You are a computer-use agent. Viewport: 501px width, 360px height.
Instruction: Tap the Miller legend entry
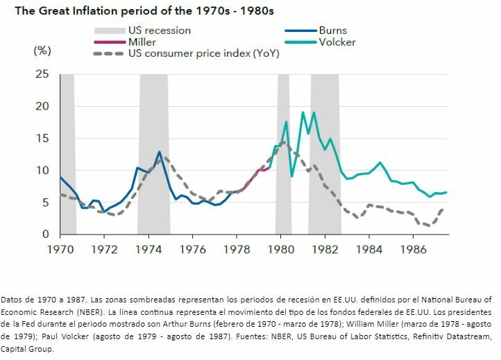tap(142, 42)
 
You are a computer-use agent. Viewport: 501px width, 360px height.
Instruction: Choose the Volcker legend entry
tap(337, 42)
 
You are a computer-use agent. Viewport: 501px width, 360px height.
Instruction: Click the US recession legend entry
tap(159, 31)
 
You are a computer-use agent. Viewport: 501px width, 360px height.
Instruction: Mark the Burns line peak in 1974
tap(159, 152)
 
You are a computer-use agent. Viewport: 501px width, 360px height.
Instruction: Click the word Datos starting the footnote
tap(13, 299)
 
